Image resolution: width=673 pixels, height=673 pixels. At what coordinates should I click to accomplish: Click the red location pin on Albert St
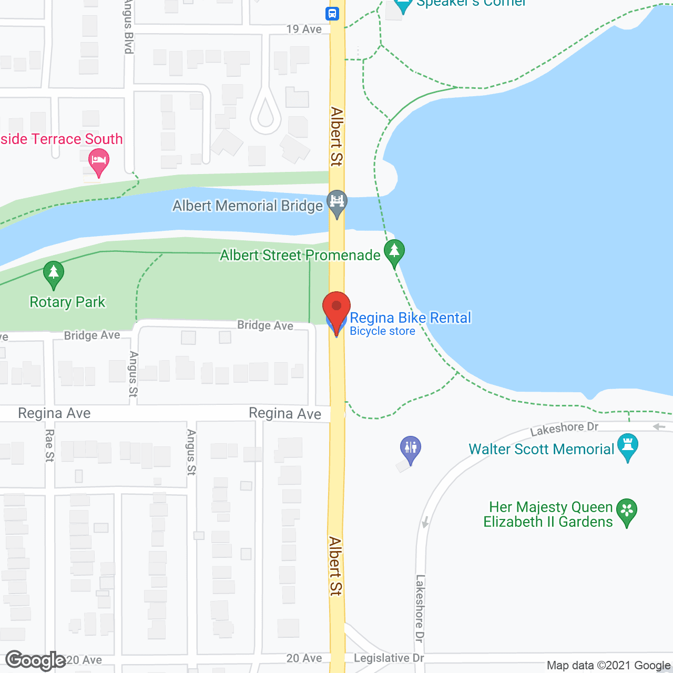336,308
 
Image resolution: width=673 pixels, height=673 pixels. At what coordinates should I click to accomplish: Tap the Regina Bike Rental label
410,318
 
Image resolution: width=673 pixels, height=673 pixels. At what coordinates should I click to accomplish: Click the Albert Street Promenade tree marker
394,252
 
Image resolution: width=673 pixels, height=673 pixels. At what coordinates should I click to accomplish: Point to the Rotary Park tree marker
53,273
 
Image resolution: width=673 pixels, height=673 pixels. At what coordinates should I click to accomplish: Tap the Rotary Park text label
67,302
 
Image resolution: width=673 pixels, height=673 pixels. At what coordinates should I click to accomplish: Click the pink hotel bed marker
98,160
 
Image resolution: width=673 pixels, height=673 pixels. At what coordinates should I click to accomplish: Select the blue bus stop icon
332,14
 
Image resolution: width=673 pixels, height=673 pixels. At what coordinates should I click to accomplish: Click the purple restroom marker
410,448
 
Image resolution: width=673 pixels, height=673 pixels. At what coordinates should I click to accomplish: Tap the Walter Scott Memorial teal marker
628,446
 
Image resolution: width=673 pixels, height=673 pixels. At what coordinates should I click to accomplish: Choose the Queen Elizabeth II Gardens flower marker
627,511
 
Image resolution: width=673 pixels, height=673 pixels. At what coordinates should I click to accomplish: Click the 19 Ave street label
304,29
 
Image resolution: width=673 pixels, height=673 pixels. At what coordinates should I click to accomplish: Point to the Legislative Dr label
389,658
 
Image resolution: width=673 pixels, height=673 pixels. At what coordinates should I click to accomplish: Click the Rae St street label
49,446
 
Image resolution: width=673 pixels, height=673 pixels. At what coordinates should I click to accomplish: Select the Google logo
36,660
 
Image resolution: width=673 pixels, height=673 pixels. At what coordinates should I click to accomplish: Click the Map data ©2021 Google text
608,666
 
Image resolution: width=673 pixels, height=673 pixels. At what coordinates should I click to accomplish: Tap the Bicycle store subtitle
382,331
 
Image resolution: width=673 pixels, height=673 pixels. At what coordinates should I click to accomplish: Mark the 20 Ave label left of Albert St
304,658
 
